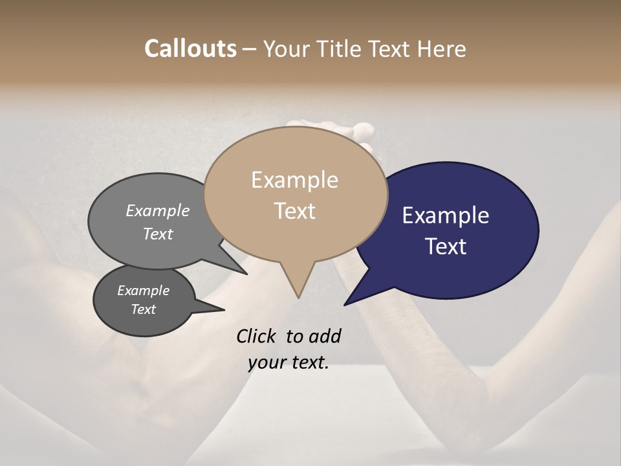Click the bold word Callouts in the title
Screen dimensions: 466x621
(190, 49)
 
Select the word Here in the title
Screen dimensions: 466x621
(442, 49)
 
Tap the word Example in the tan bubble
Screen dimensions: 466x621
(294, 180)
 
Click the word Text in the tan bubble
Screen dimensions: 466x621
(294, 210)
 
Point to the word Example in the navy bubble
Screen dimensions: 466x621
(446, 216)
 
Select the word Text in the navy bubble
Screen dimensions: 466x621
(446, 247)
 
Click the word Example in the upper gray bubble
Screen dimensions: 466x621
(158, 210)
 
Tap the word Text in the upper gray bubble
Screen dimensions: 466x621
(158, 234)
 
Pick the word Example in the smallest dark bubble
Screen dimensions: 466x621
(143, 291)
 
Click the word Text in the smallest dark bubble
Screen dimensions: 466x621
(143, 309)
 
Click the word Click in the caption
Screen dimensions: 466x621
(258, 336)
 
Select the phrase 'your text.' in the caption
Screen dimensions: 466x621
(288, 362)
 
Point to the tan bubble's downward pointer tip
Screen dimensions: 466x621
(298, 297)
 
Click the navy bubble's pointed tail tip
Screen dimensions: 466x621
(345, 304)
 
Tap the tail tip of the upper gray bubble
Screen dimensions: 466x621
(248, 274)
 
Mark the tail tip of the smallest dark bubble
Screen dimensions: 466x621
(224, 310)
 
